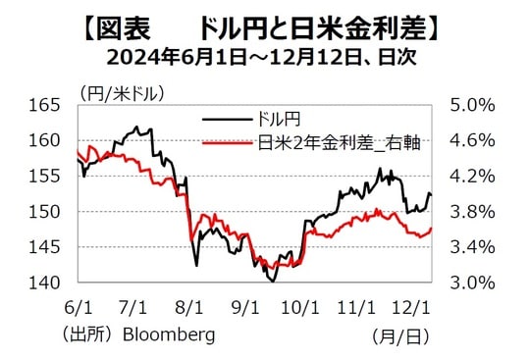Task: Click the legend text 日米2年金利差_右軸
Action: (x=339, y=143)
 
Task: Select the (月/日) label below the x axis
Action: (x=400, y=335)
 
